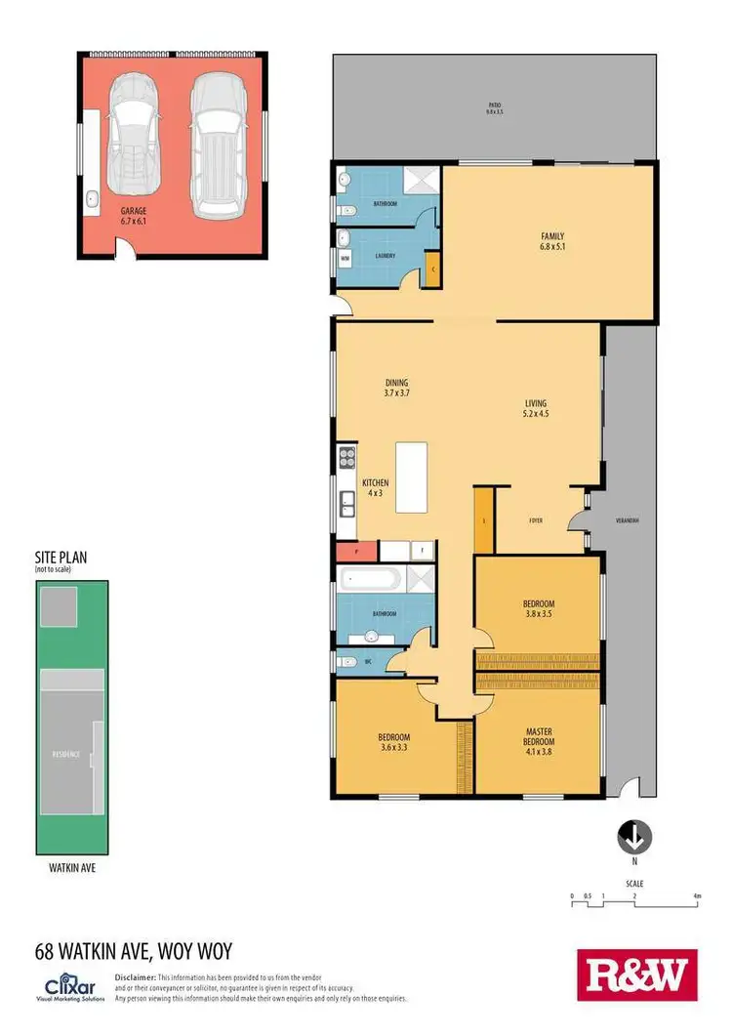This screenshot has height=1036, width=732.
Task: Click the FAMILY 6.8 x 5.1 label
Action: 553,241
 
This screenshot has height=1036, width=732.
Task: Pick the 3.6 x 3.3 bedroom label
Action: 394,742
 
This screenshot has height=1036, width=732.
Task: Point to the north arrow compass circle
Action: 633,837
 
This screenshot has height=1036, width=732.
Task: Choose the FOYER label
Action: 535,520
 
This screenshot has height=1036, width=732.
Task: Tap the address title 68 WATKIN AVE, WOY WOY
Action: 134,950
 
